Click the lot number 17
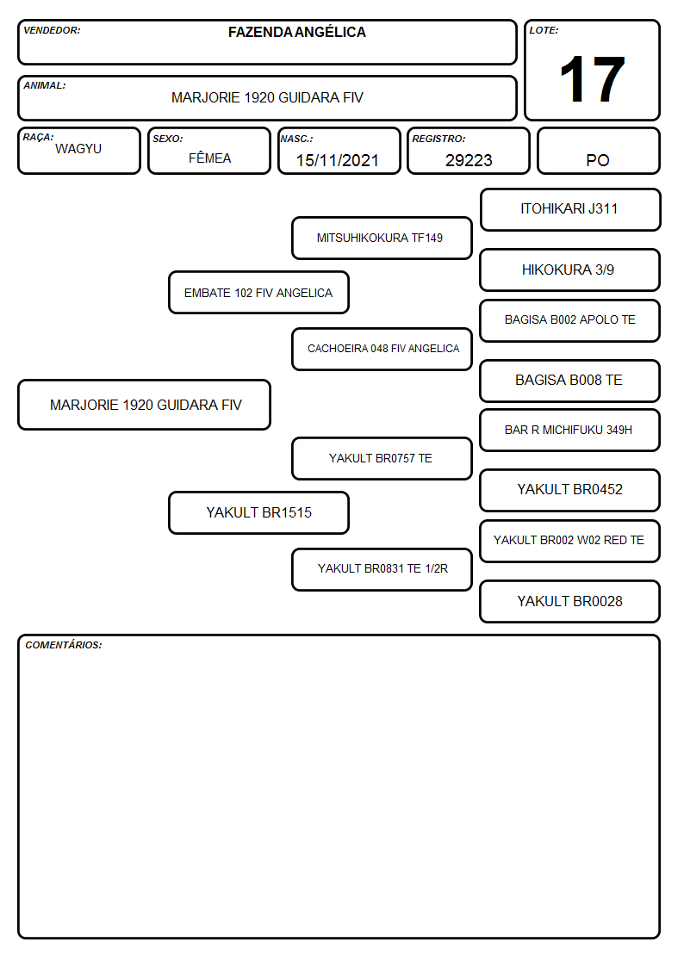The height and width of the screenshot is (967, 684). coord(592,79)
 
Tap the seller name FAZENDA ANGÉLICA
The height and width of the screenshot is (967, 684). coord(296,32)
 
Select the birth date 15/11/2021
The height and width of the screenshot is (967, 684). coord(338,160)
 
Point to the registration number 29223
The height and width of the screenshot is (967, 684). coord(469,160)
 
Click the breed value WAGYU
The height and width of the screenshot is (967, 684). coord(78,149)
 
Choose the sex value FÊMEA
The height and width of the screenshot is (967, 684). coord(209,158)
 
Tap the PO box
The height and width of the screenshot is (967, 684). coord(598,151)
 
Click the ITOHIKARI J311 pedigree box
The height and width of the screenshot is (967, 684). coord(570,210)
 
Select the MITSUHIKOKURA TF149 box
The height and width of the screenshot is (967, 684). coord(382,238)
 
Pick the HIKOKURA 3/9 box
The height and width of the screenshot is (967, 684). coord(570,270)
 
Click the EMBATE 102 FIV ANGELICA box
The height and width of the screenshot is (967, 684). coord(258,293)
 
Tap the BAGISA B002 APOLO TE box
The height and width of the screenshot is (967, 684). coord(570,320)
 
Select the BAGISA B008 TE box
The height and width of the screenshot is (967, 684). coord(570,381)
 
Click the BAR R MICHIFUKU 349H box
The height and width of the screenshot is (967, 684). coord(570,431)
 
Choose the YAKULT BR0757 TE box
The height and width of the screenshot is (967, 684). coord(382,459)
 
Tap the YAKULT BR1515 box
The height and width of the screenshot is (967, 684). coord(258,513)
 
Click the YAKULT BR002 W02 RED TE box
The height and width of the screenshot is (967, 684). coord(570,541)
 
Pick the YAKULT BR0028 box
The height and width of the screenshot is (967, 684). coord(570,601)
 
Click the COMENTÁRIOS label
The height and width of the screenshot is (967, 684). coord(64,645)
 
